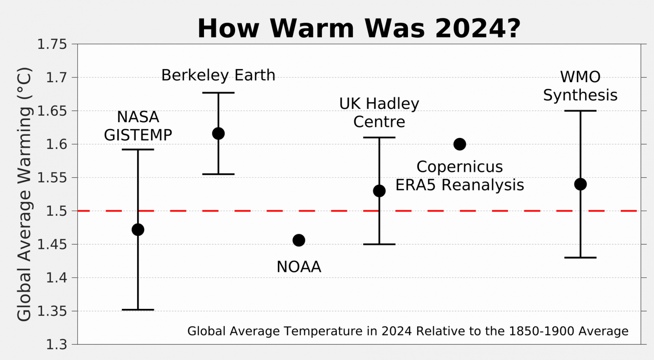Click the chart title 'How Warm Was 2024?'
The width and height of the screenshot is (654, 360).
point(359,29)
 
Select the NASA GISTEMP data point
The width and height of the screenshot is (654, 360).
point(138,230)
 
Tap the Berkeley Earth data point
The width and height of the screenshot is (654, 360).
point(218,134)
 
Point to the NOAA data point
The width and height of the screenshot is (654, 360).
point(299,240)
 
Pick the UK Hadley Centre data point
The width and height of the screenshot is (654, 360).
point(379,191)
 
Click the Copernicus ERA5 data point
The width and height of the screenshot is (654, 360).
point(459,144)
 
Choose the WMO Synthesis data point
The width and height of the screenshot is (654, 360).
point(580,184)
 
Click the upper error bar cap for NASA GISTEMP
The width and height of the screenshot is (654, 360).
point(138,149)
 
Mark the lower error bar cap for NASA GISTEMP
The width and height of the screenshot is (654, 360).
point(138,310)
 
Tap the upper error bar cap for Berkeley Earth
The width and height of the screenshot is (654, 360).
point(218,93)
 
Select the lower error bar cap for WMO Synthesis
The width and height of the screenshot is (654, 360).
point(580,257)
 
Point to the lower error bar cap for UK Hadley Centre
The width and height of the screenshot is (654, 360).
point(379,244)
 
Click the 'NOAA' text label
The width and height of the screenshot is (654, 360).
point(299,267)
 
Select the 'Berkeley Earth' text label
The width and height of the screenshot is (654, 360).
point(218,75)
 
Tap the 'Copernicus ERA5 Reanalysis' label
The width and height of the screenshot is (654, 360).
point(459,176)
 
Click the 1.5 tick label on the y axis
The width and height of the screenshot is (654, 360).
point(57,211)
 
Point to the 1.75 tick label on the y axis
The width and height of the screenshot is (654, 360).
point(52,44)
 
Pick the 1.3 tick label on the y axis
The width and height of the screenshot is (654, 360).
point(57,344)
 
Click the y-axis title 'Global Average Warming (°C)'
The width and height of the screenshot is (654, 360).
point(24,194)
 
